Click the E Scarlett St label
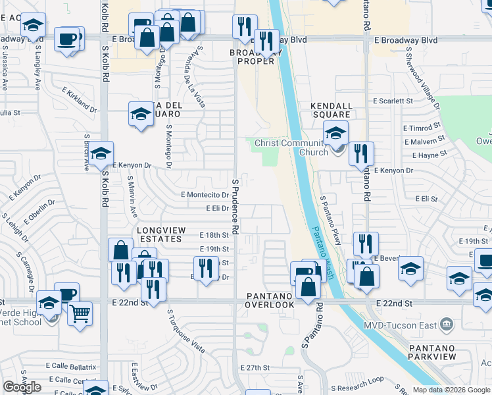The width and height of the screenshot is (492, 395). click(393, 101)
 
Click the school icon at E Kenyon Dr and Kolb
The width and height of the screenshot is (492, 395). click(101, 153)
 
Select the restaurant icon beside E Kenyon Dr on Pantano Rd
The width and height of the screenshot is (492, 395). click(361, 153)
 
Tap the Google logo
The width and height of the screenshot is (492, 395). click(22, 388)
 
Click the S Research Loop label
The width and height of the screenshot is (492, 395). click(357, 380)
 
